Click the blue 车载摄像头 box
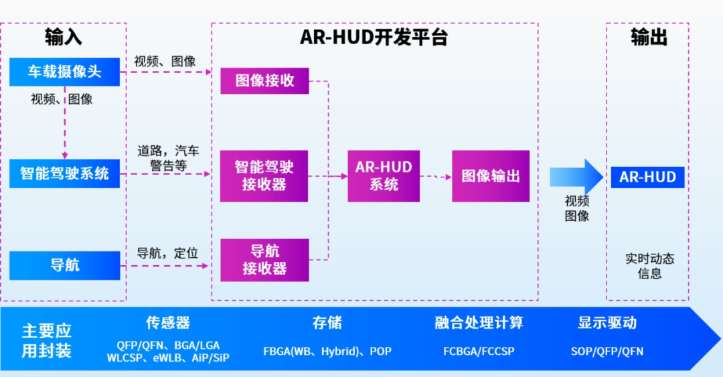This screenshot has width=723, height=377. click(x=64, y=72)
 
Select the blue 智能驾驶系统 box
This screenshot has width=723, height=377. click(x=64, y=173)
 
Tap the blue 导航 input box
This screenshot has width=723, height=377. click(x=64, y=265)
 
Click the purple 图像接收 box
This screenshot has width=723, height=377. click(x=264, y=81)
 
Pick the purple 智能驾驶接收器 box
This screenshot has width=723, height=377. click(x=264, y=176)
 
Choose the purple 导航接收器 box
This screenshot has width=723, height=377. click(x=264, y=260)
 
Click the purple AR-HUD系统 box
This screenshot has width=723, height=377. click(x=384, y=176)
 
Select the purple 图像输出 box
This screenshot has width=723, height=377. click(x=491, y=176)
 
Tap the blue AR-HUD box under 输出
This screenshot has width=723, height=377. click(x=647, y=177)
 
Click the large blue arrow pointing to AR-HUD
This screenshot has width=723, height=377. click(x=576, y=177)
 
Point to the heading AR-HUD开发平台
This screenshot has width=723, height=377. click(x=374, y=37)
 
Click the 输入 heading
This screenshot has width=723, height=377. click(x=63, y=37)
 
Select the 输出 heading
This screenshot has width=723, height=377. click(x=649, y=37)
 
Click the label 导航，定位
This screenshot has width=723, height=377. click(x=167, y=253)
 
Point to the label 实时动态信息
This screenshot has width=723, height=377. click(x=649, y=266)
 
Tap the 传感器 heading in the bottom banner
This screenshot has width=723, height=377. click(x=168, y=323)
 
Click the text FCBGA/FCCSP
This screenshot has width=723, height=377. click(x=479, y=352)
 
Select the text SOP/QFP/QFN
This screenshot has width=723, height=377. click(x=607, y=352)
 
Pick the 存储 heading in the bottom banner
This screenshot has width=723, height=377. click(x=327, y=323)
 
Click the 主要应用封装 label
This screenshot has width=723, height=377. click(x=47, y=341)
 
